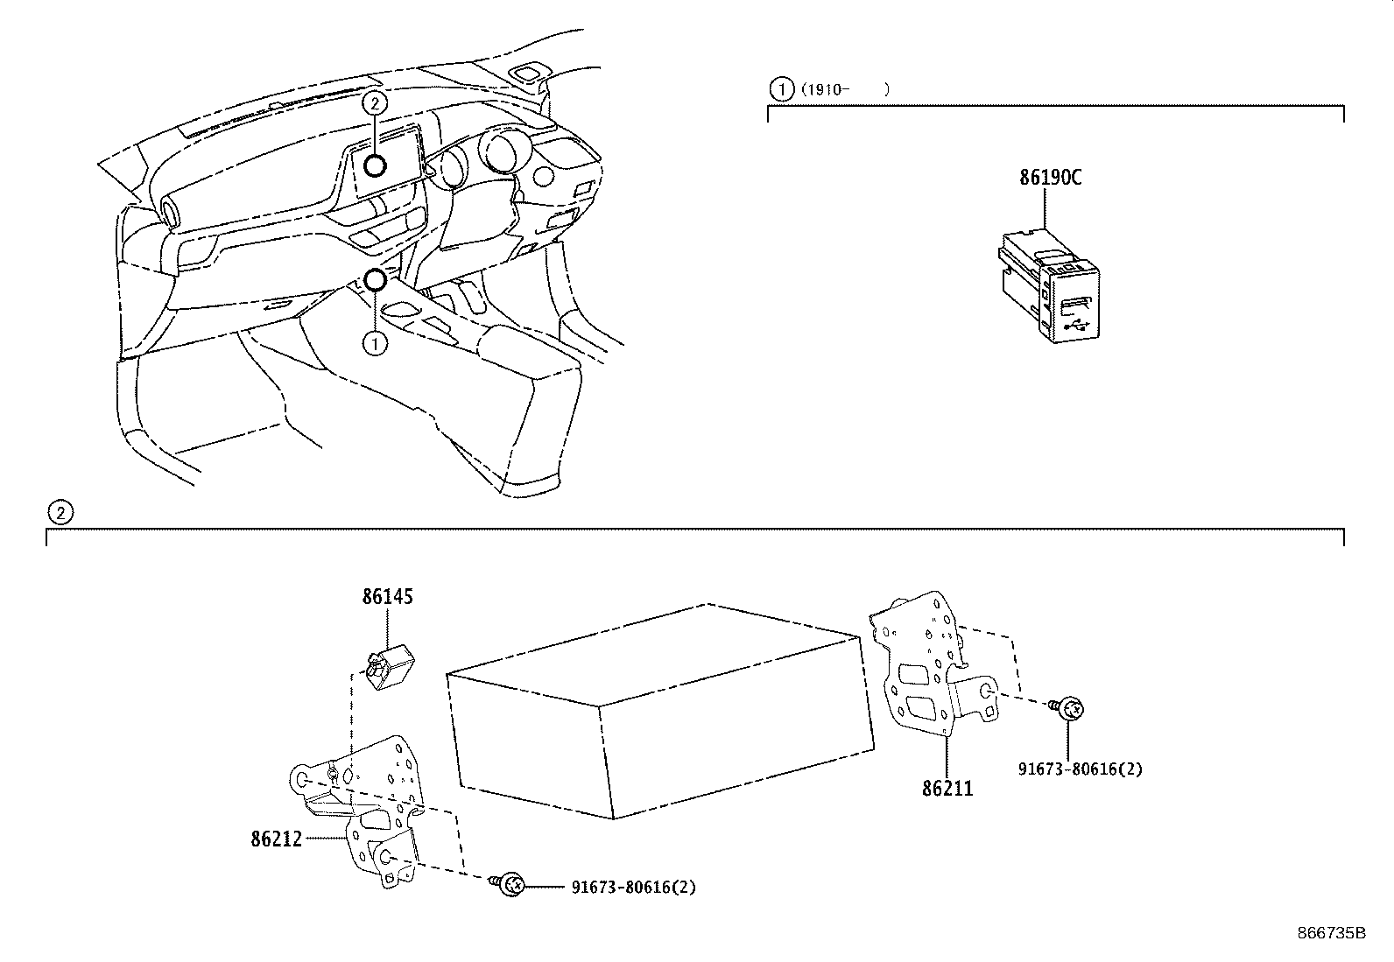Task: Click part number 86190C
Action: click(1050, 178)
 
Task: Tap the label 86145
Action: click(388, 597)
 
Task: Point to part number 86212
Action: click(276, 839)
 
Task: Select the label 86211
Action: click(947, 789)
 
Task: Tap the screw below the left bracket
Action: click(510, 885)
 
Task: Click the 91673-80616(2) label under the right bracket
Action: click(1080, 769)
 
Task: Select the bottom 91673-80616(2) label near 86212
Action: click(633, 887)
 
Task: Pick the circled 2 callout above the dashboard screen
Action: click(375, 103)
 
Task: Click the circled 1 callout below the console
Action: click(375, 343)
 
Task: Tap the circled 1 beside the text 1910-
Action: click(778, 88)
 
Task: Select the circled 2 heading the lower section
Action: click(58, 513)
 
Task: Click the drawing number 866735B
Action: click(1331, 933)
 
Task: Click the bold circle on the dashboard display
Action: click(376, 165)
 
